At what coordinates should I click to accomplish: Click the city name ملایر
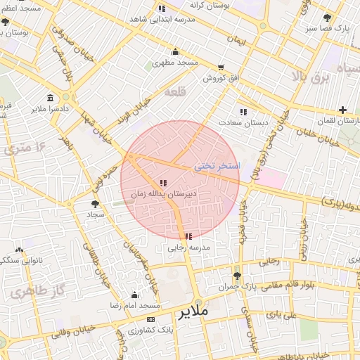click(x=194, y=311)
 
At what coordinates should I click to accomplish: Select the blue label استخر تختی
click(x=217, y=166)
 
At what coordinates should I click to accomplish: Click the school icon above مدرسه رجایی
click(x=188, y=236)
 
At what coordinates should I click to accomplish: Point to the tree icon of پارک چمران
click(x=237, y=276)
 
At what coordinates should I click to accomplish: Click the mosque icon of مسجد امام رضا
click(x=134, y=295)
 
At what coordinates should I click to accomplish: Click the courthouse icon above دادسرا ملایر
click(x=49, y=98)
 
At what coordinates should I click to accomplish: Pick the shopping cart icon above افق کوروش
click(x=221, y=67)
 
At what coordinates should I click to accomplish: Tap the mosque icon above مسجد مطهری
click(x=175, y=51)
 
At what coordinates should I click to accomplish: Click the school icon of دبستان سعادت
click(x=243, y=112)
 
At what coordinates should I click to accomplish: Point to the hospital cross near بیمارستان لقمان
click(x=342, y=110)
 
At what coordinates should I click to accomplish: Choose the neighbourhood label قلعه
click(x=173, y=92)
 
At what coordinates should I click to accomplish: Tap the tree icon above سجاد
click(x=95, y=203)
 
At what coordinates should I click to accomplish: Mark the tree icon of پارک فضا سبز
click(x=327, y=18)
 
